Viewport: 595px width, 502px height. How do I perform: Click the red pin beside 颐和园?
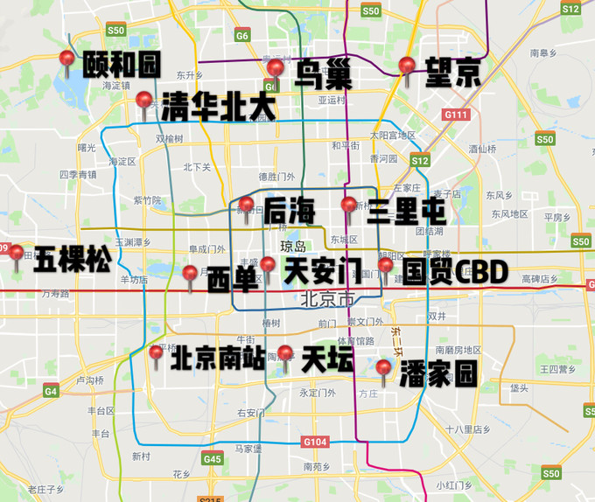point(67,59)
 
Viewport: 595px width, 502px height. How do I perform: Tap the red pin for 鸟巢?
point(276,69)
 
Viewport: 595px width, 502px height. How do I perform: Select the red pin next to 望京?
point(406,66)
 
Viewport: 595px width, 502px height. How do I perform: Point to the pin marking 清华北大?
point(144,101)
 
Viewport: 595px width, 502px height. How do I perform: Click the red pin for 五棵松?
point(17,254)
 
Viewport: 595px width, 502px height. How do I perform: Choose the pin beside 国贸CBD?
point(385,266)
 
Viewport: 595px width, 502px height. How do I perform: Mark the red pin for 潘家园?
point(382,368)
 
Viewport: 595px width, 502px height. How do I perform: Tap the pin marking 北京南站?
point(157,353)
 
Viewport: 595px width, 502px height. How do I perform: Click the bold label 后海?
point(290,209)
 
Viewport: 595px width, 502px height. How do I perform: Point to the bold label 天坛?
point(327,359)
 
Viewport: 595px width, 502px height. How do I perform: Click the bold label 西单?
point(233,279)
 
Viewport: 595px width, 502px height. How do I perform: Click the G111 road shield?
point(456,115)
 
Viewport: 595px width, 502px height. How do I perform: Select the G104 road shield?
point(316,441)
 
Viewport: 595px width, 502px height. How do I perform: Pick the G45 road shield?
point(212,458)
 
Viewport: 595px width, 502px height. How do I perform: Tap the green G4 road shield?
point(51,391)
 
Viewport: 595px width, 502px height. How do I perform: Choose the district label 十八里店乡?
point(468,429)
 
